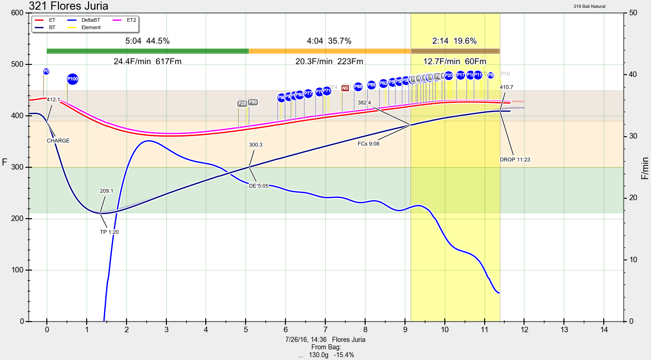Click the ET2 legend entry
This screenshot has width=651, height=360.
126,20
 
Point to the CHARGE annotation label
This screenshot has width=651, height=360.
58,140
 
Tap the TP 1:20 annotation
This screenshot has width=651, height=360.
109,232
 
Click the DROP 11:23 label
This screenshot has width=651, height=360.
515,159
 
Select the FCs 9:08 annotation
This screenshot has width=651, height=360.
369,144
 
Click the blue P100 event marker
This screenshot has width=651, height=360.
72,79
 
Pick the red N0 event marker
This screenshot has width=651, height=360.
345,88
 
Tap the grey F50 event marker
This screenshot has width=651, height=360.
253,102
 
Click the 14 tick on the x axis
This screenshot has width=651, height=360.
604,330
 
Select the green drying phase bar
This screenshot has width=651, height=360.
147,51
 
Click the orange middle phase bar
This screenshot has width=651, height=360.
329,51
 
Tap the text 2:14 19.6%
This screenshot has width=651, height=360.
454,41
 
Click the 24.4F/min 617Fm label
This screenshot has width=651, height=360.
147,61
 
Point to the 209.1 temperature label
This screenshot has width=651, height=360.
107,190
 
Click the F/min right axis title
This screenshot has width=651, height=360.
645,168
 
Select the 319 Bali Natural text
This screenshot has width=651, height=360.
589,6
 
